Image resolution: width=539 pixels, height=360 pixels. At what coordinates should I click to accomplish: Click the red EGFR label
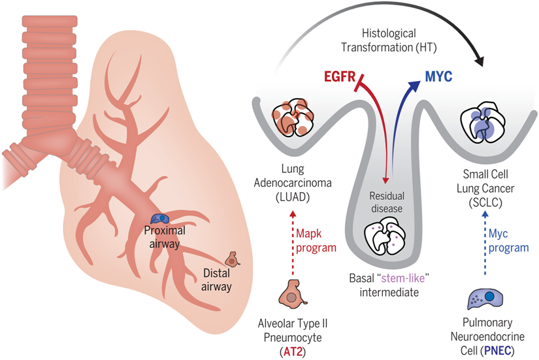coord(340,76)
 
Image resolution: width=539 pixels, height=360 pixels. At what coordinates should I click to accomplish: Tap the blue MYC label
coord(438,76)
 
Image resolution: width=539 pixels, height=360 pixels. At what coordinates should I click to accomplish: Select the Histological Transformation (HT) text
coord(389,41)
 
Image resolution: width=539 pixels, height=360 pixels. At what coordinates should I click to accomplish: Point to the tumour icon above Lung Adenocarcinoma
coord(293,116)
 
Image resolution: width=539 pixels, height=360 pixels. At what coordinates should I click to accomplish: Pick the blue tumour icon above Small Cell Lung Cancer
coord(483,122)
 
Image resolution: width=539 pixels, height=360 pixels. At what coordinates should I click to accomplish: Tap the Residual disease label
coord(387,202)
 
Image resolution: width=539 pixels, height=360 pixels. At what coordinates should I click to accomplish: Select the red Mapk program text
coord(316,240)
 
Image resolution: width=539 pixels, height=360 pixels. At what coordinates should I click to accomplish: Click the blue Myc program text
coord(508,240)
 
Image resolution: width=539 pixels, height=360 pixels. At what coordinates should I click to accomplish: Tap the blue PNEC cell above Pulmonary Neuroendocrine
coord(485,299)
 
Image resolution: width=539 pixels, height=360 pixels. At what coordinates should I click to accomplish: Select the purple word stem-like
coord(404,278)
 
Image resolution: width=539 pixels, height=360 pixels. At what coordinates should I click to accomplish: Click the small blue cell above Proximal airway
coord(160,219)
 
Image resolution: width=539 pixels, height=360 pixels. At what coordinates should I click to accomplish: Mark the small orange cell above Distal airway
coord(232,259)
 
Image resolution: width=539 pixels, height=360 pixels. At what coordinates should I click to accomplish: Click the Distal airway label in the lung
coord(216,280)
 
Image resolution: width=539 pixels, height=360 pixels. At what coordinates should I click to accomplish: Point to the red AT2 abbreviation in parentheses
coord(293,352)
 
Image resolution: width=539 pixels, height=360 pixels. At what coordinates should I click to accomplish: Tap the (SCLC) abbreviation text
coord(485,203)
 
